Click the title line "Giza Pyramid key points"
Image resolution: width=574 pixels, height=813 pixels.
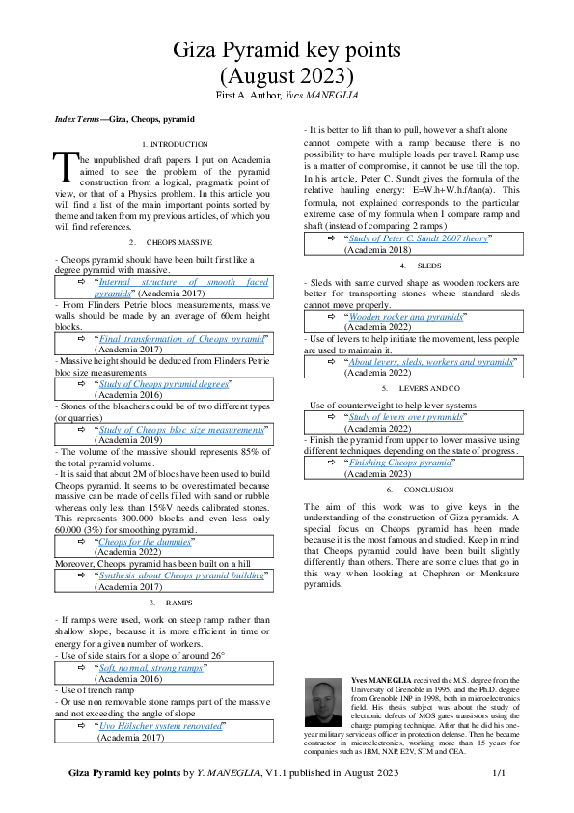tap(287, 51)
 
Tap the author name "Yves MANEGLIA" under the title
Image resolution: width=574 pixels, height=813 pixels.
tap(319, 97)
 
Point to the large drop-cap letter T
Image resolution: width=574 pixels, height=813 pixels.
tap(64, 166)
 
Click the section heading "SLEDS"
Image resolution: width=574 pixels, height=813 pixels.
tap(427, 265)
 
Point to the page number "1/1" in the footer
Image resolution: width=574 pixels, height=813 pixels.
tap(499, 773)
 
